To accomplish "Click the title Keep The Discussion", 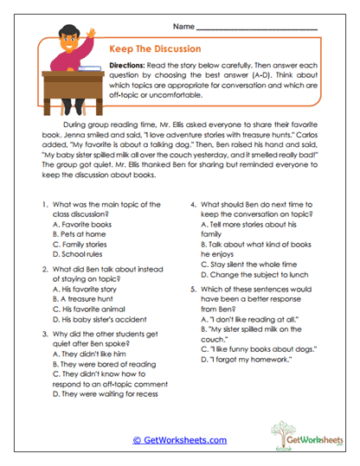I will coord(155,49).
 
